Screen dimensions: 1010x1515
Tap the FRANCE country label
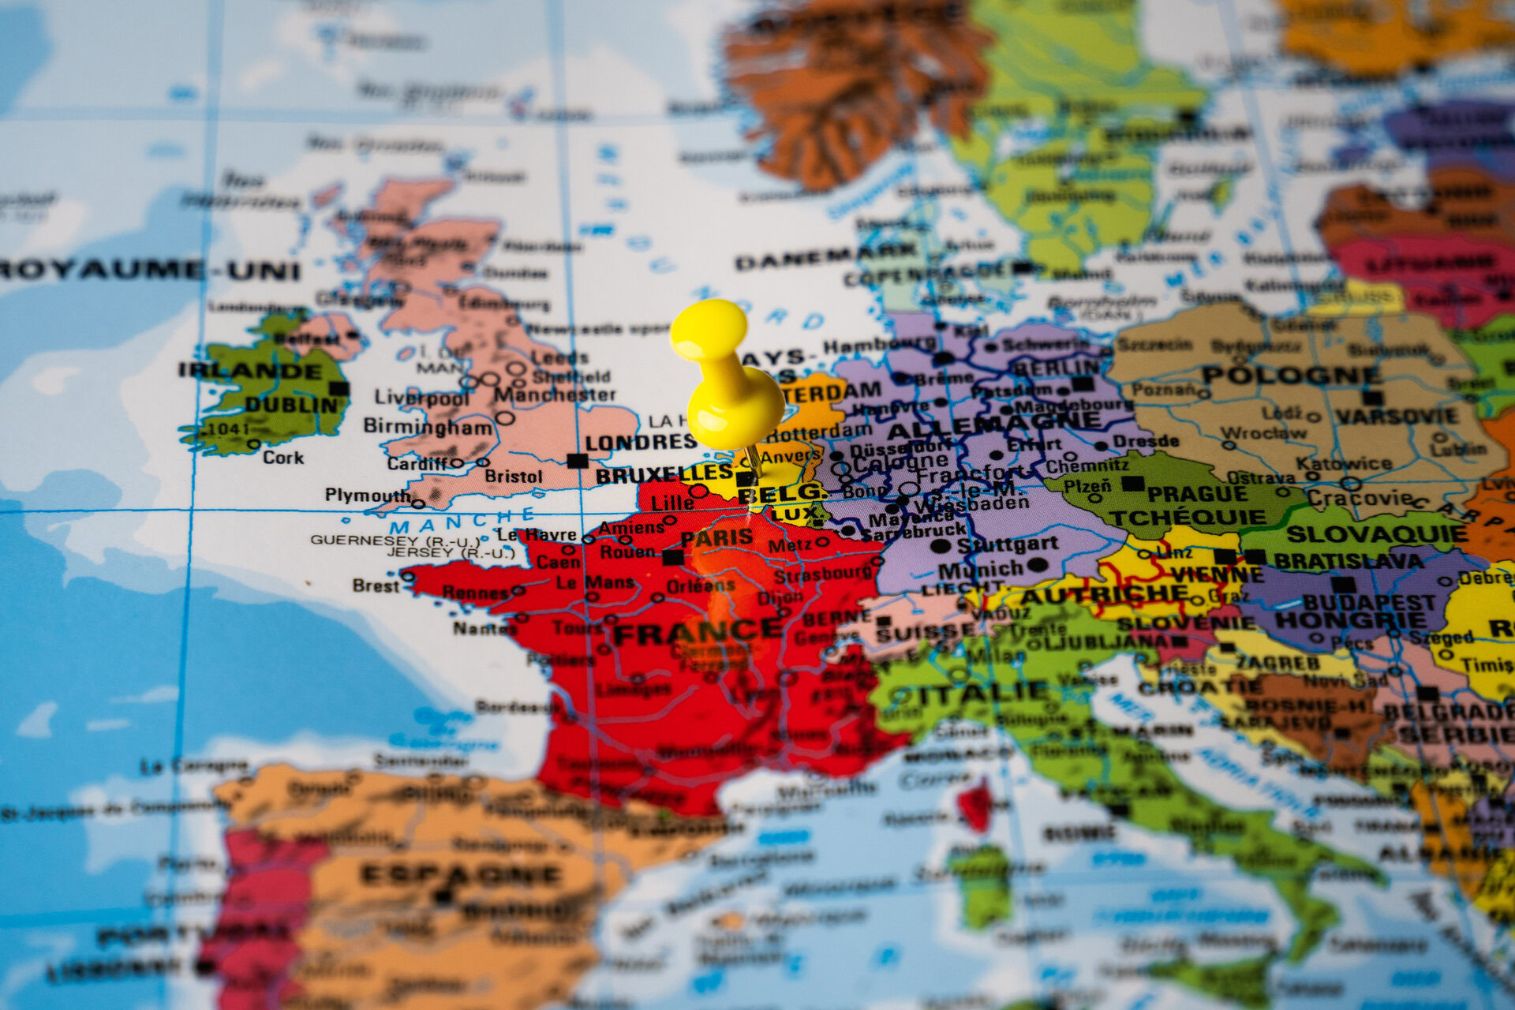(x=698, y=631)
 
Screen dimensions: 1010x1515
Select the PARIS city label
(x=716, y=538)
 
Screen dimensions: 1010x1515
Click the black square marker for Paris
(x=672, y=557)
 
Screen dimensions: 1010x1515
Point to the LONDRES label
(x=641, y=443)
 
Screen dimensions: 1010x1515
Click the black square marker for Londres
(x=578, y=460)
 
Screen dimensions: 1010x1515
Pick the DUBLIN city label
(x=291, y=405)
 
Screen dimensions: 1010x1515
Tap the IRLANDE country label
(x=250, y=370)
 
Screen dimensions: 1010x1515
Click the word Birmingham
(x=428, y=427)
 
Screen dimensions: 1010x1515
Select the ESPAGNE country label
(x=461, y=874)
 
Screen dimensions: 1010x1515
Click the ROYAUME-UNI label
(x=150, y=271)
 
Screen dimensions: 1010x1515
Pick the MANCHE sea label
(x=462, y=523)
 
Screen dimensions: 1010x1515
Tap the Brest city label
(x=376, y=585)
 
